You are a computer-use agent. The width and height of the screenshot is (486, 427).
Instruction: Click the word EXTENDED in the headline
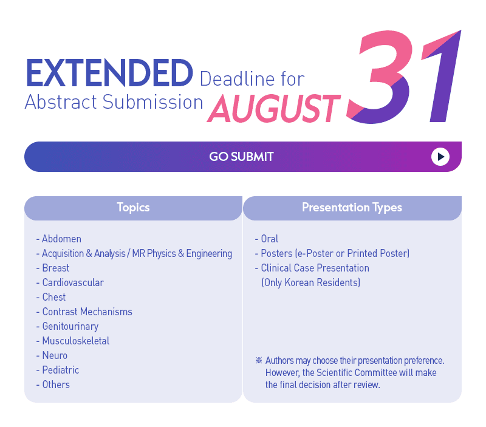coord(109,73)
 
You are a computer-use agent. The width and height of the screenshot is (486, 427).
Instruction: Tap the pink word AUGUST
coord(274,109)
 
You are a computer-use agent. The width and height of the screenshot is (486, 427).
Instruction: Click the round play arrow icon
coord(440,157)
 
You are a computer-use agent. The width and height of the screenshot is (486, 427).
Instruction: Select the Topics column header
coord(133,208)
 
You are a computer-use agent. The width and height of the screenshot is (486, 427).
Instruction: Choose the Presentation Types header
coord(352,208)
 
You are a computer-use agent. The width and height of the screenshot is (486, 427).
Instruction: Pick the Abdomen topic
coord(62,239)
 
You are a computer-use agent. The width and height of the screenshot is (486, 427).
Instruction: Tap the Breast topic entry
coord(56,268)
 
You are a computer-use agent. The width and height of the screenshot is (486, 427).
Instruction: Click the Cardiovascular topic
coord(73,282)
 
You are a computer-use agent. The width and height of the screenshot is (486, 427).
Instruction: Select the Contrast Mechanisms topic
coord(87,312)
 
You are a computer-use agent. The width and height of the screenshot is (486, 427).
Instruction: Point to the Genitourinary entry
coord(70,327)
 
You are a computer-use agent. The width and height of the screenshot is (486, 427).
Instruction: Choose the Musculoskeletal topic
coord(76,341)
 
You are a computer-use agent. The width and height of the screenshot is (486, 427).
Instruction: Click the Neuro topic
coord(55,355)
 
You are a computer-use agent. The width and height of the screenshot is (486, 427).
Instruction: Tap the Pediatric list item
coord(61,370)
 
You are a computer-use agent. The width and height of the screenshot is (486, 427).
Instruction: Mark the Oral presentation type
coord(270,239)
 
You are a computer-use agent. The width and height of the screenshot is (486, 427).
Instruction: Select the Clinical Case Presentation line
coord(315,268)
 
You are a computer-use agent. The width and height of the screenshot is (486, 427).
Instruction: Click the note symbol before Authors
coord(259,360)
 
